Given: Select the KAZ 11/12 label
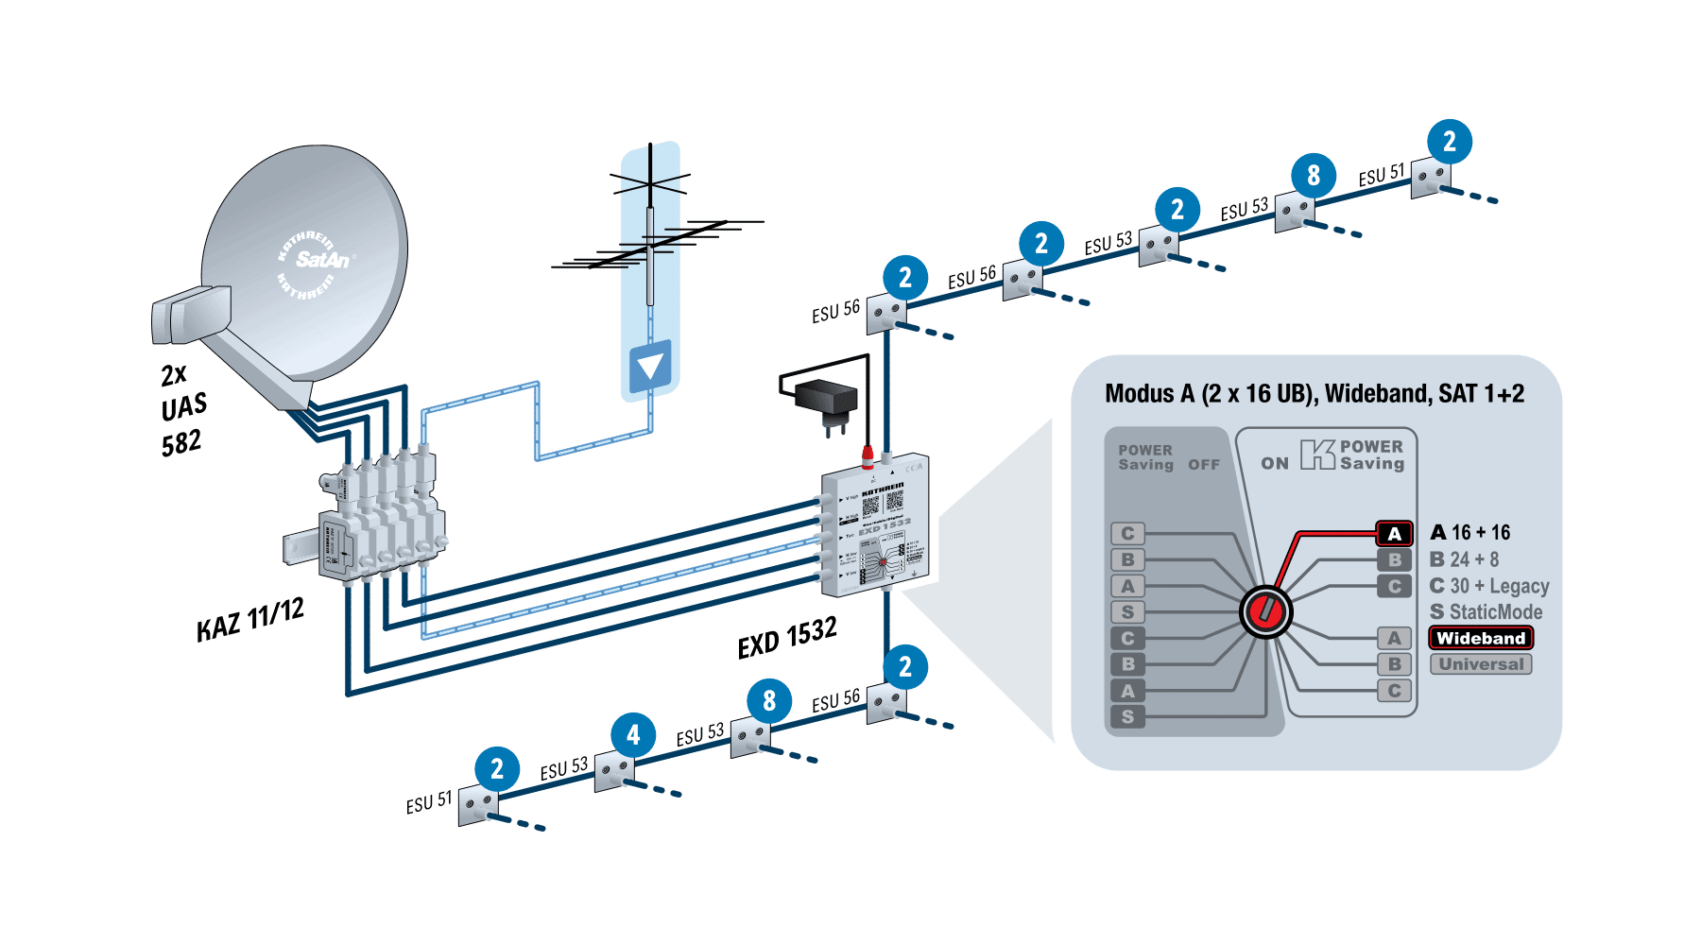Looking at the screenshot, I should click(x=250, y=620).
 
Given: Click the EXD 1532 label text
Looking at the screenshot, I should click(x=786, y=637).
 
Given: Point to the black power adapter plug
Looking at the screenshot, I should click(x=827, y=401).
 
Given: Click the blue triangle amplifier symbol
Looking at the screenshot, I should click(x=650, y=366).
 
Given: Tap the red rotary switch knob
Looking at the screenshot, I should click(x=1265, y=611).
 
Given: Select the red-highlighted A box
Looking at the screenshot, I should click(x=1394, y=534).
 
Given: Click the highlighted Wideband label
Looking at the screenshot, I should click(x=1480, y=638).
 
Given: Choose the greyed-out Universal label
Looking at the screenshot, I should click(x=1480, y=664).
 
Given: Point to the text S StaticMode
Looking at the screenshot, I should click(x=1486, y=612).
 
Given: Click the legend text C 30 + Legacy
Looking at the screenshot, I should click(x=1488, y=586).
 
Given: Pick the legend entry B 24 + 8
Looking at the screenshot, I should click(x=1464, y=559).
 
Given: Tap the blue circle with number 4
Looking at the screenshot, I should click(x=633, y=734).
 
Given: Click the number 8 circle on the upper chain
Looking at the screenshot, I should click(x=1314, y=175).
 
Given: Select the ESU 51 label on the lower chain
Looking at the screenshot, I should click(x=428, y=803).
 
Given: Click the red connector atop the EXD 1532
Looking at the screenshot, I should click(x=868, y=458).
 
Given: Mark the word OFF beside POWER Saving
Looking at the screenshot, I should click(x=1204, y=465).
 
